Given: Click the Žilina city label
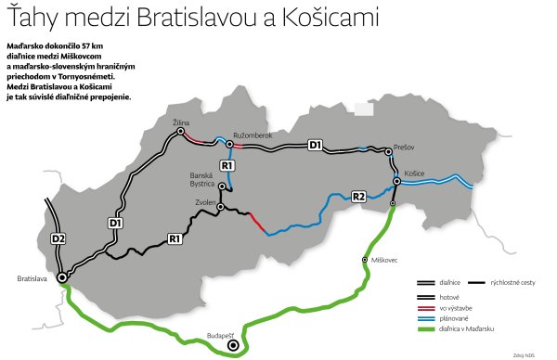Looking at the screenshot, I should (181, 122).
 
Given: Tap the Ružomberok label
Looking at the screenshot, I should (252, 135).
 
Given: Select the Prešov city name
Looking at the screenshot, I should (403, 146).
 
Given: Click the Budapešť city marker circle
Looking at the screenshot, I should (234, 346).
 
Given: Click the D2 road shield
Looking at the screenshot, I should (58, 240).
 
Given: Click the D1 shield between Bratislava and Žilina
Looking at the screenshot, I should (115, 223).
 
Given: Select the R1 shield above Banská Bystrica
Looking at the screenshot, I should (227, 165).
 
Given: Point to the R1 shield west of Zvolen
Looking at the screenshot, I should (173, 240).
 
